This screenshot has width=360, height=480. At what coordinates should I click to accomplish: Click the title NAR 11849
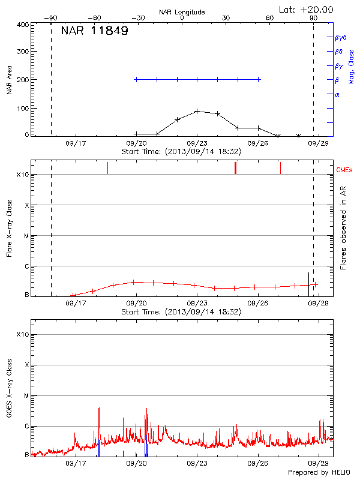94,31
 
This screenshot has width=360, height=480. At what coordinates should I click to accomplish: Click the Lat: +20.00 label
307,9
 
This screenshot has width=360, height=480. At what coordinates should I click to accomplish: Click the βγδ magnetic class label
341,37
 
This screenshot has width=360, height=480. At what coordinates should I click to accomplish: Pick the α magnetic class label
337,94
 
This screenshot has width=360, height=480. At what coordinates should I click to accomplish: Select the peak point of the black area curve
197,111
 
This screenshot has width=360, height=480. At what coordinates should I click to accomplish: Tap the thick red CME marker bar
236,168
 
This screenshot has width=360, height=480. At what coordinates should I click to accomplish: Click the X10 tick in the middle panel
23,175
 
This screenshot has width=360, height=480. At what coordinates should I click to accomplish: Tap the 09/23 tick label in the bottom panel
197,463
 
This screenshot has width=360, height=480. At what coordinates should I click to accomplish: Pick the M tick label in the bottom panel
26,395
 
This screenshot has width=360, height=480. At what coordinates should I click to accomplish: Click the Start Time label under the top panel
181,151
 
